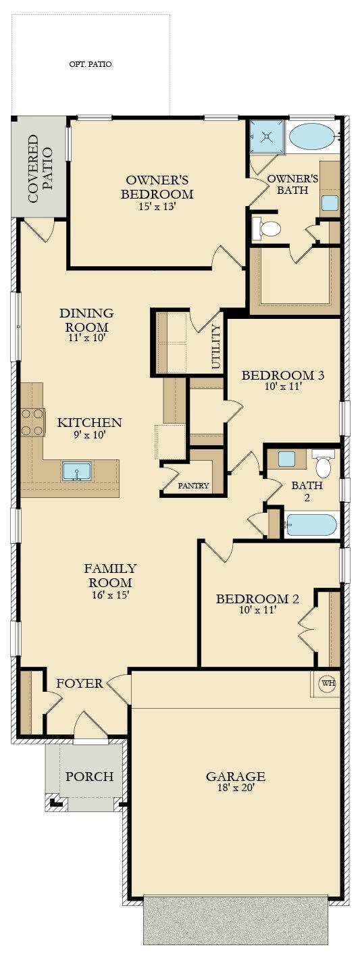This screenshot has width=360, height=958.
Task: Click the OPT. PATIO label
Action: (91, 65)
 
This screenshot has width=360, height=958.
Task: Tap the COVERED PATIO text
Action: (40, 169)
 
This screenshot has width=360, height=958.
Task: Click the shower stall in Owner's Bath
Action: (267, 136)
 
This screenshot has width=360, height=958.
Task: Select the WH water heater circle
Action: (328, 683)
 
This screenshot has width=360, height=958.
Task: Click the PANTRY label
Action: (193, 485)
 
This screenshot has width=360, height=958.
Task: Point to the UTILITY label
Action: (216, 347)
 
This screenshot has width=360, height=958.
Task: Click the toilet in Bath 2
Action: (323, 463)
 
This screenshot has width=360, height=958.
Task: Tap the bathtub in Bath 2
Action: (311, 525)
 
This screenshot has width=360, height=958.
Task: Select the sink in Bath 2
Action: (286, 459)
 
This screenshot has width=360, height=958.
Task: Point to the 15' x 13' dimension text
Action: (157, 206)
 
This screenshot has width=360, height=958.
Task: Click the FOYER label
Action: (80, 684)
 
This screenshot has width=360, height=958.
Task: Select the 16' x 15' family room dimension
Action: (110, 595)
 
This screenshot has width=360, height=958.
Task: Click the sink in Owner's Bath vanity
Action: (330, 203)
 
